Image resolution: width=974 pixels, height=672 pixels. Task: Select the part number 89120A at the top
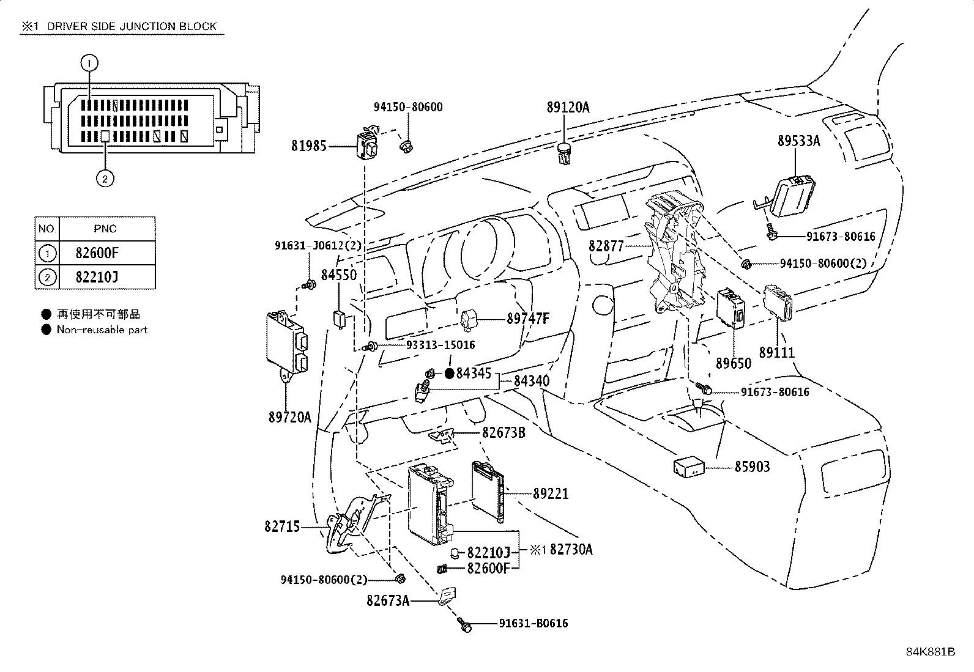tap(568, 108)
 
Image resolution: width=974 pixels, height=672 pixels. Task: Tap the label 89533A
tap(798, 141)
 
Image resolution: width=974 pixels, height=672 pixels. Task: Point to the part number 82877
tap(606, 246)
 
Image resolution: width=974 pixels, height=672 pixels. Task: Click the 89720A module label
tap(289, 417)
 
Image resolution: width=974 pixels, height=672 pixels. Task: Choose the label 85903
tap(752, 467)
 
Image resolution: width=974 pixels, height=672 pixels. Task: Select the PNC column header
tap(105, 229)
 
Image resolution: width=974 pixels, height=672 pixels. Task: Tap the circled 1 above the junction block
tap(89, 62)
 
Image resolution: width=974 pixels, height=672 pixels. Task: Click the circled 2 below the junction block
tap(105, 179)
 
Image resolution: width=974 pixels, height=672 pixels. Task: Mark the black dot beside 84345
tap(448, 373)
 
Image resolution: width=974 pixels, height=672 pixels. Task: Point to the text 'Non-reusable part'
tap(102, 330)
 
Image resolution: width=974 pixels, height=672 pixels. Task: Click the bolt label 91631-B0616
tap(533, 624)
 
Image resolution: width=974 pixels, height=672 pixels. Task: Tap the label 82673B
tap(504, 432)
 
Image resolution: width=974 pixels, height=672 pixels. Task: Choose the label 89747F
tap(528, 319)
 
